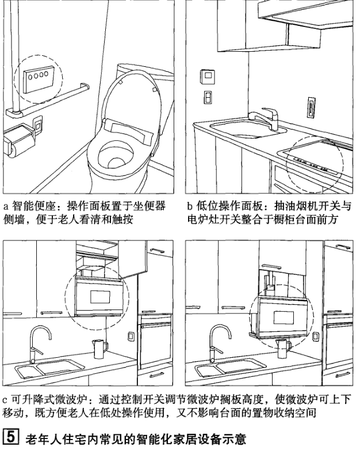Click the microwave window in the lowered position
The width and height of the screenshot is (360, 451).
pos(285,318)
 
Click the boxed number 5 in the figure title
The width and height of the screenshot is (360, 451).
pos(9,440)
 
